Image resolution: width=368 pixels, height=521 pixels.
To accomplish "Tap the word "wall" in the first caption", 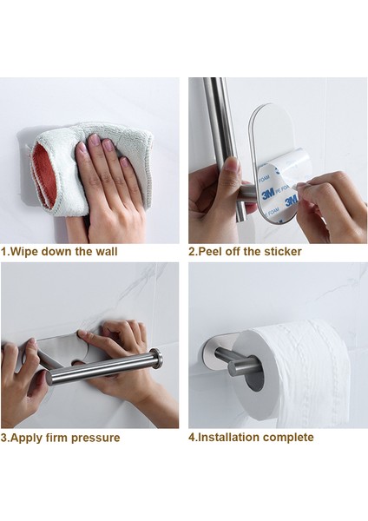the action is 107,251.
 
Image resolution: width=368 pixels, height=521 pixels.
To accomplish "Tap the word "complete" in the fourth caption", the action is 289,438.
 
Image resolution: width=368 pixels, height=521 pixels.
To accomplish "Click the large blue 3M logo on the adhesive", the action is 267,193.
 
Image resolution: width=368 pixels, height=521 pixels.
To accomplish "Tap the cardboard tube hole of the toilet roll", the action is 254,378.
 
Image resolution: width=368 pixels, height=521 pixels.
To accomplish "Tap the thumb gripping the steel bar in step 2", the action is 233,170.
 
